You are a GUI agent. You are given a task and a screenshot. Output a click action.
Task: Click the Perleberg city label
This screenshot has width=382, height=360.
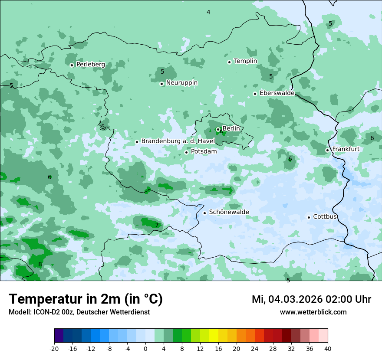point(90,65)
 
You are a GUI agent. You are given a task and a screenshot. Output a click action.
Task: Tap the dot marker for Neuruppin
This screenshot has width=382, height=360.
point(161,84)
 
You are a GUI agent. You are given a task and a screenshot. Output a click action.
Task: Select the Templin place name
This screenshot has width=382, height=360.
point(245,61)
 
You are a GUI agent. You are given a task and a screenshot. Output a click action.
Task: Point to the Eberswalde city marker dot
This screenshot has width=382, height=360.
point(255,94)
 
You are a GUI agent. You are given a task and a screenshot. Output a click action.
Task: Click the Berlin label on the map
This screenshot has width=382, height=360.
point(231,129)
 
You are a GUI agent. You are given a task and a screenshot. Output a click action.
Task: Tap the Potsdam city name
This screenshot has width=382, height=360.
point(204,151)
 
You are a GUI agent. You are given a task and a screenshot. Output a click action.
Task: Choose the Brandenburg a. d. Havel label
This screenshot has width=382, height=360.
point(178,141)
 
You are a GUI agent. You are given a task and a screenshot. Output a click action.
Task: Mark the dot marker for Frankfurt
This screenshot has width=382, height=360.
point(327,150)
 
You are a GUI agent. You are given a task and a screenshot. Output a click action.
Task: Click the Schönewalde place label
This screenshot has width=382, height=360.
point(229,212)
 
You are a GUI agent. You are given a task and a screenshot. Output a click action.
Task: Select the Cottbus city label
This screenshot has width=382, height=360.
point(325,216)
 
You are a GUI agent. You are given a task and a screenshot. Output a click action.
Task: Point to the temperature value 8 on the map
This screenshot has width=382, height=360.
point(40,264)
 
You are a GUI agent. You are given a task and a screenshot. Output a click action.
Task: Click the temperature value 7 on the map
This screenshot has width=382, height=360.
point(157,225)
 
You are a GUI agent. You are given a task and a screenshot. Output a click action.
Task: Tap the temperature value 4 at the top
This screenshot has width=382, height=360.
point(208,12)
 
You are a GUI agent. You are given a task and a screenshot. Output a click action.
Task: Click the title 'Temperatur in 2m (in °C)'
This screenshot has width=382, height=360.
point(86,299)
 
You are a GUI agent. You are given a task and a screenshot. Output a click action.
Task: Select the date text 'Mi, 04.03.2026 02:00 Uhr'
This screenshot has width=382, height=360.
point(311,299)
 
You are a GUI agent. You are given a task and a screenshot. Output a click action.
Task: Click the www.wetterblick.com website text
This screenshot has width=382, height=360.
point(313,312)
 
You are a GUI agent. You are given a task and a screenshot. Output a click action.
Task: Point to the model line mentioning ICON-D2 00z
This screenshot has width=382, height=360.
point(79,312)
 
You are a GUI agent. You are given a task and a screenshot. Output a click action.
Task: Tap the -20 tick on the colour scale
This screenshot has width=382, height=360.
point(54,348)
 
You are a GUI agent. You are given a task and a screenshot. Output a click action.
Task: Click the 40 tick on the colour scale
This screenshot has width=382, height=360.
point(328,348)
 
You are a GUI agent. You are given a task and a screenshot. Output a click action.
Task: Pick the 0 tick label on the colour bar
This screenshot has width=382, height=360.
point(145,348)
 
